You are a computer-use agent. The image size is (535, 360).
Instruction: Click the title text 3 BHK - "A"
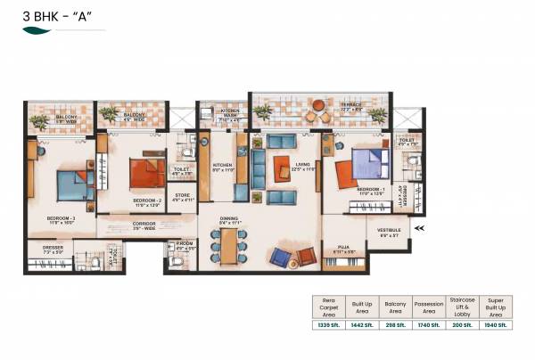[51, 14]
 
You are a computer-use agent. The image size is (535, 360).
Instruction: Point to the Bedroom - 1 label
[370, 191]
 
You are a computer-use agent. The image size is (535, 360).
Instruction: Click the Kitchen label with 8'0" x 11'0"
[222, 167]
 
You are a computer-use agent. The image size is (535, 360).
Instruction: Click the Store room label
[183, 198]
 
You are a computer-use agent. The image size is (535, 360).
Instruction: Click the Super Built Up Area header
[495, 307]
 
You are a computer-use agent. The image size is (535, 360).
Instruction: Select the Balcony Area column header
[395, 307]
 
